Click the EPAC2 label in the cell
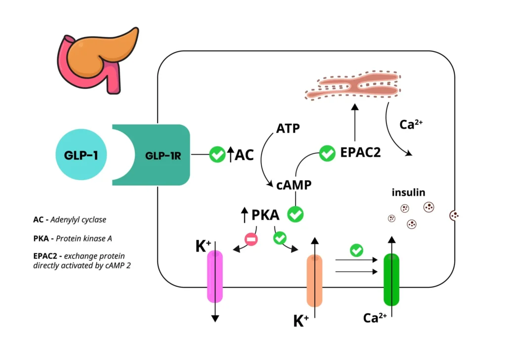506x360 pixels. click(360, 153)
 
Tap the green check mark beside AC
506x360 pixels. click(217, 155)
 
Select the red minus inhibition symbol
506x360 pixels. click(251, 239)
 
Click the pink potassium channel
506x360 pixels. click(215, 276)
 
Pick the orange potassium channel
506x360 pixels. click(314, 280)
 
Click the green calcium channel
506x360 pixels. click(391, 280)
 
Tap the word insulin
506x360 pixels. click(408, 192)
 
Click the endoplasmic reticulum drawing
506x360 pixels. click(354, 88)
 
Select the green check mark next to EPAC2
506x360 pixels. click(327, 153)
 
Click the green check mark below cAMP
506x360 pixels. click(295, 215)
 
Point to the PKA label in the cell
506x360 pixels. click(265, 215)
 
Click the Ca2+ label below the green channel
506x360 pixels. click(375, 318)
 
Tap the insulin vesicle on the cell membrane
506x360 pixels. click(454, 215)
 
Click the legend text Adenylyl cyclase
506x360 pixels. click(81, 219)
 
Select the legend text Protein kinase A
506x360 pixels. click(84, 238)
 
